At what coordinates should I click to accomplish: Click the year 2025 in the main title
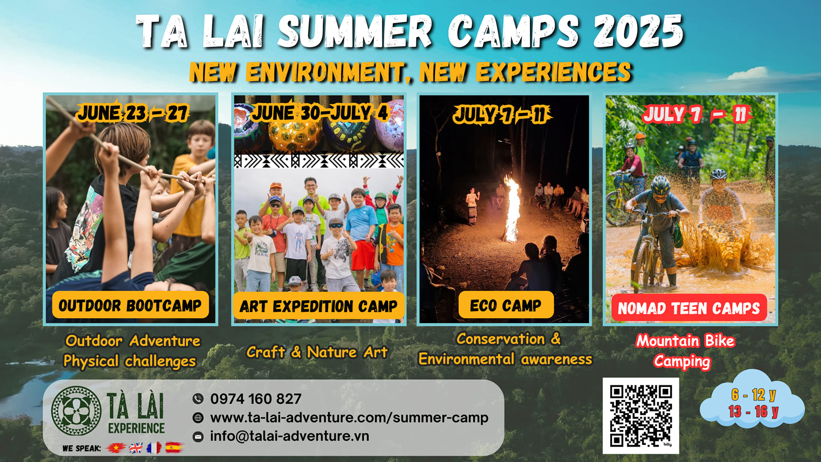[638, 31]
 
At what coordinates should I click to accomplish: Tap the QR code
[641, 416]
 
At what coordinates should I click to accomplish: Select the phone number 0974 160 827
[256, 399]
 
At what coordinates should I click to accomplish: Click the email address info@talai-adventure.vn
[289, 436]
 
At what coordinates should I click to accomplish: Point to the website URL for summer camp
[349, 418]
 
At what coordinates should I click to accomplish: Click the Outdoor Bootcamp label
[130, 305]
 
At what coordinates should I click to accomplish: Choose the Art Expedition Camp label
[319, 306]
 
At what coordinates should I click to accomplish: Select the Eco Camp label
[506, 305]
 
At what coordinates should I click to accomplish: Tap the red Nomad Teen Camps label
[689, 308]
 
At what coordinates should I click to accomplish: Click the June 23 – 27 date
[133, 113]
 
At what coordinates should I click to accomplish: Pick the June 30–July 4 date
[320, 113]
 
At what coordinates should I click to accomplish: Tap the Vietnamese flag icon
[115, 448]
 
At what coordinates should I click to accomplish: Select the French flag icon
[154, 448]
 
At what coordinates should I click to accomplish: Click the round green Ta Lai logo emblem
[76, 411]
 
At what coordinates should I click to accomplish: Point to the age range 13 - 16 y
[753, 412]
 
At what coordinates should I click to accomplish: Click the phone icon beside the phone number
[198, 399]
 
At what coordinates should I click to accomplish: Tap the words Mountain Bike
[685, 341]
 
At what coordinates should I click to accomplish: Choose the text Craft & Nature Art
[317, 352]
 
